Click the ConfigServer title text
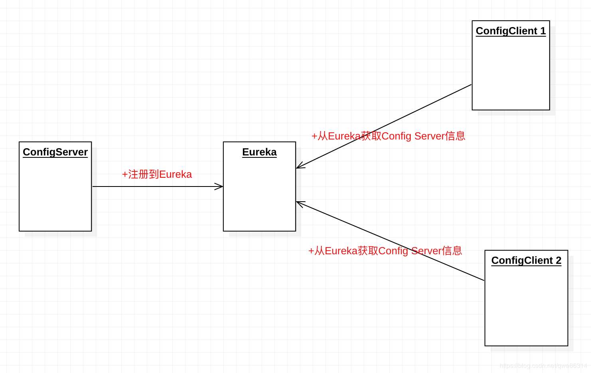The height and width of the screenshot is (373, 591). pyautogui.click(x=55, y=152)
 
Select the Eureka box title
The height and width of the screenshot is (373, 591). pyautogui.click(x=259, y=152)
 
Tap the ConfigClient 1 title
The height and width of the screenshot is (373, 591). pyautogui.click(x=510, y=31)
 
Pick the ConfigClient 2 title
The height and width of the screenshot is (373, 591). pyautogui.click(x=526, y=261)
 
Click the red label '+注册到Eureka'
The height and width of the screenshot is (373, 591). pyautogui.click(x=157, y=175)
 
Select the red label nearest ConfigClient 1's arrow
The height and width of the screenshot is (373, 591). pyautogui.click(x=388, y=136)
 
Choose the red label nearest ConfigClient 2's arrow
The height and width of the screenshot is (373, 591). pyautogui.click(x=385, y=251)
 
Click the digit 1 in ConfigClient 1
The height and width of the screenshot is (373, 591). pyautogui.click(x=543, y=31)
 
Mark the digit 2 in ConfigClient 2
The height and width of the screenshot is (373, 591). pyautogui.click(x=558, y=261)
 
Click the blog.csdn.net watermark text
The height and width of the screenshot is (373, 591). pyautogui.click(x=543, y=366)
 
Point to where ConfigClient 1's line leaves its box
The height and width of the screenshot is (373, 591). pyautogui.click(x=472, y=84)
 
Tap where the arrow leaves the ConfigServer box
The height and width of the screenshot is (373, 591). pyautogui.click(x=92, y=186)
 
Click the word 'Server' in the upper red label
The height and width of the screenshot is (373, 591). pyautogui.click(x=429, y=136)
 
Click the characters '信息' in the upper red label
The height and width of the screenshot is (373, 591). pyautogui.click(x=455, y=136)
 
